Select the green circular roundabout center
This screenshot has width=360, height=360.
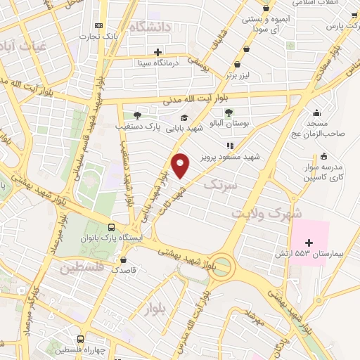(x=222, y=266)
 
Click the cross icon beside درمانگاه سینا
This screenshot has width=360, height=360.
(x=158, y=52)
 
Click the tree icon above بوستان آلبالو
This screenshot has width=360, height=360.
(x=229, y=112)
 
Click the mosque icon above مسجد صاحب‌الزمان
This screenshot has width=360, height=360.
(x=317, y=112)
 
